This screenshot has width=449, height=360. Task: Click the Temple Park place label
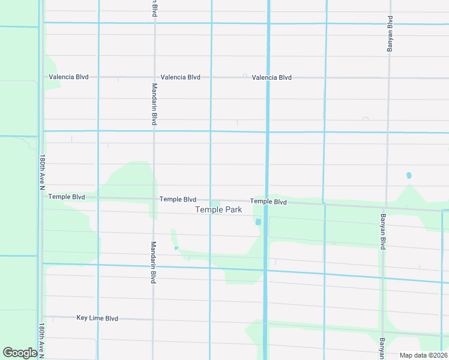218,209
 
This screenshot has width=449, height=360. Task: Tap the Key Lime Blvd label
97,318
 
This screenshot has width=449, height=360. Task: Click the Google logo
20,353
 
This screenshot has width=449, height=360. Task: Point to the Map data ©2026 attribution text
423,355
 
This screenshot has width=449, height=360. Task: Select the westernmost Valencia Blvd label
68,77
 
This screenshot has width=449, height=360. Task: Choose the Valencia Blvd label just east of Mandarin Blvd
180,77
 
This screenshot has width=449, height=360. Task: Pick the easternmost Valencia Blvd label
271,77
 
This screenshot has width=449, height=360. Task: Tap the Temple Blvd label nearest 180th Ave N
67,197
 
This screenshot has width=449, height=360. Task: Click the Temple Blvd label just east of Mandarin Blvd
178,199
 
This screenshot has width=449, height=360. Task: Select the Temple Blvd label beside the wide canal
268,202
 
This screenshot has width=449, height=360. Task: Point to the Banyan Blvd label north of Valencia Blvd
390,34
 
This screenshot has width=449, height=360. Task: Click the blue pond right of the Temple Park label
258,222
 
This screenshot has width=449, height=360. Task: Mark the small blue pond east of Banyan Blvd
409,175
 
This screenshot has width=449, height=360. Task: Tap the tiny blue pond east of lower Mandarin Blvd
176,248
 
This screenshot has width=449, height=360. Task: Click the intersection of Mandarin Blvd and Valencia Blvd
154,77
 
